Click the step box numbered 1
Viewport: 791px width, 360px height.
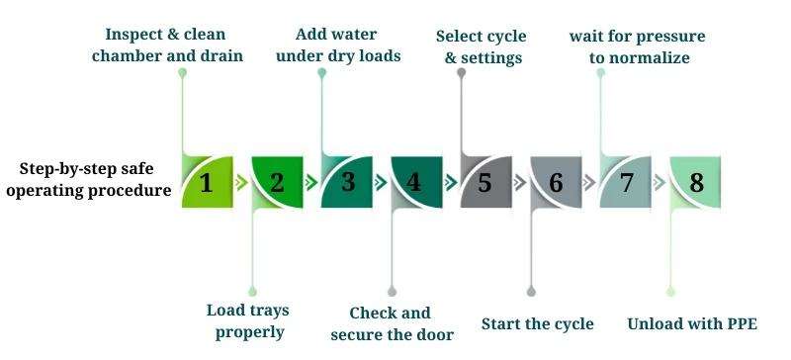pos(207,181)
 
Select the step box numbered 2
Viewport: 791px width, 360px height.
pos(277,181)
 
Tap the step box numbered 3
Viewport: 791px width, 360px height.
pos(347,181)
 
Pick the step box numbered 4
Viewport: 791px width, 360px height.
pos(416,181)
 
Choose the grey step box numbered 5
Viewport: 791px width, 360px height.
pos(485,181)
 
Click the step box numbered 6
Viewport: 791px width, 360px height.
pos(556,181)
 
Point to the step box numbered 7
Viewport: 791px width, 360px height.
pos(625,181)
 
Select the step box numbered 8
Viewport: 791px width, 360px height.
pos(695,181)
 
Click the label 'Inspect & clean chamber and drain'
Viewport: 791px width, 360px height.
pos(166,45)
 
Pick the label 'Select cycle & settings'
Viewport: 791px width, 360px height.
pos(482,46)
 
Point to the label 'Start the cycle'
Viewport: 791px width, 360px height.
pos(538,323)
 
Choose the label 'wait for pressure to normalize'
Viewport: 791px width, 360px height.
pos(638,46)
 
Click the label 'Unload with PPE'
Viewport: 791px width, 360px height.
pos(692,323)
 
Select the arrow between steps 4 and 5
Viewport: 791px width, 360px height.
pos(451,182)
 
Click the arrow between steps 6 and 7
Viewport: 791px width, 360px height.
pos(590,182)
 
